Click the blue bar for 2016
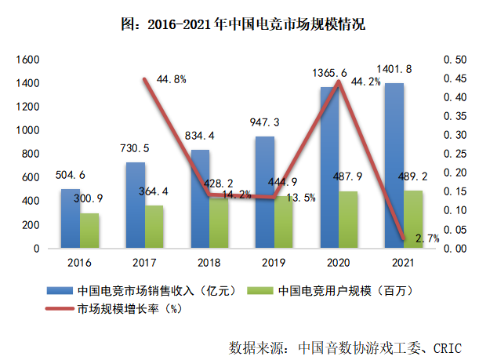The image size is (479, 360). pos(71,219)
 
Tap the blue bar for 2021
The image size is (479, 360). pos(394,165)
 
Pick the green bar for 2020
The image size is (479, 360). pos(348,220)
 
